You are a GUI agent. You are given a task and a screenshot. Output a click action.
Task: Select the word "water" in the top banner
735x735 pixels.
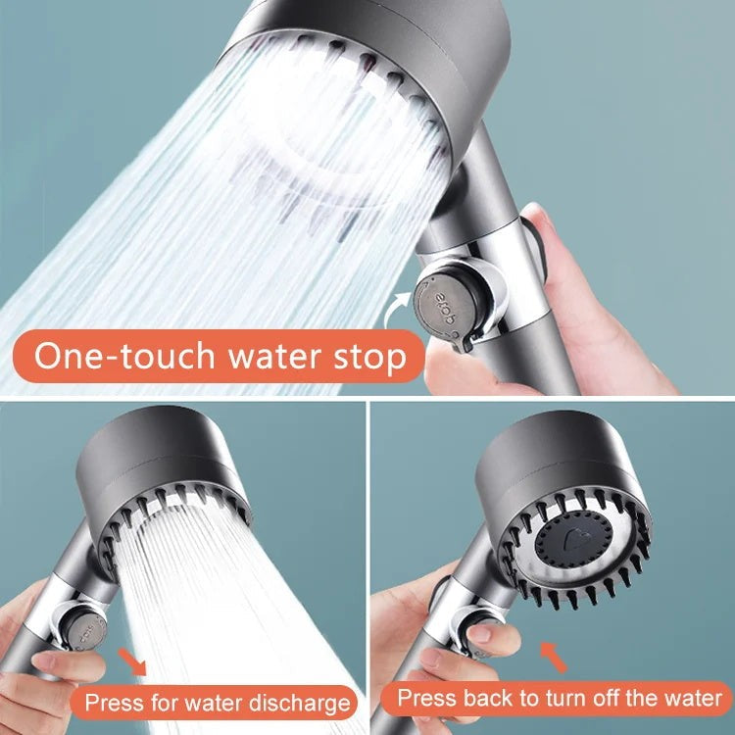[x=269, y=357]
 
